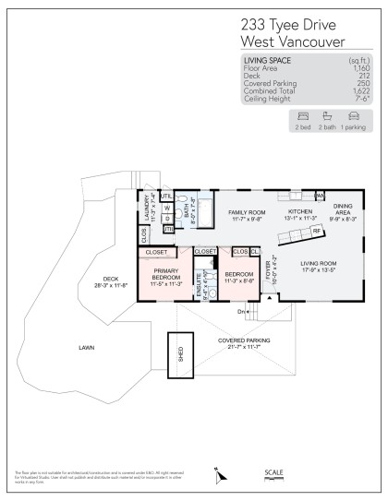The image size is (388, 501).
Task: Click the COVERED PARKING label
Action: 244,342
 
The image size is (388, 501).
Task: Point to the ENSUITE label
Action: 199,290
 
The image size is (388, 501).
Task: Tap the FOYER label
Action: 269,270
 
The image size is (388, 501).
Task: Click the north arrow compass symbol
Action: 219,476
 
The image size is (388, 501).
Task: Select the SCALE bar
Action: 274,479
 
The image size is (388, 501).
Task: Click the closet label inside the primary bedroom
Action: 156,252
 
